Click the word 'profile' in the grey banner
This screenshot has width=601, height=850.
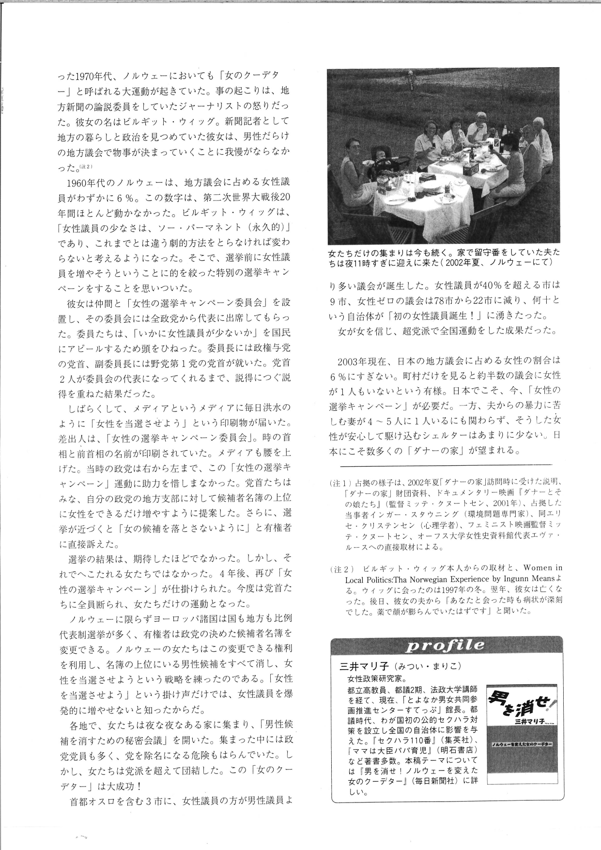[x=445, y=645]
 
